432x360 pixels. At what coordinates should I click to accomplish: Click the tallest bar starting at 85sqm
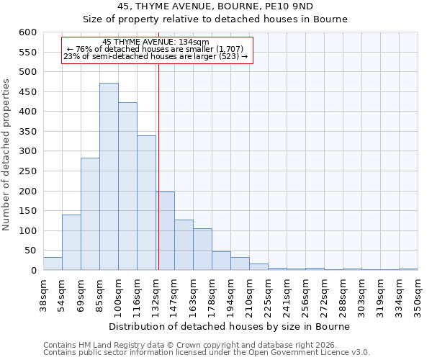(x=109, y=176)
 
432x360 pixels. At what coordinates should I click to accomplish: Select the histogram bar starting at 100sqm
(x=127, y=186)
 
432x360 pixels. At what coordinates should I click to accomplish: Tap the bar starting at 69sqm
(x=90, y=214)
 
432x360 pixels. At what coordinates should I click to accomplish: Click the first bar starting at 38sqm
(x=53, y=264)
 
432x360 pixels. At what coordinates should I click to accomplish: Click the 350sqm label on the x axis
(x=418, y=295)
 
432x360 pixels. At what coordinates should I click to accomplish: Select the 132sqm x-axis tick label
(x=156, y=295)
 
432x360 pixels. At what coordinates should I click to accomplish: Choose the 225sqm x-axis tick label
(x=269, y=295)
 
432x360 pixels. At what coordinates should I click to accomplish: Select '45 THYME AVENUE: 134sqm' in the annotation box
(x=156, y=42)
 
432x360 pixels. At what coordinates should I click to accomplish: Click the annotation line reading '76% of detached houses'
(x=156, y=49)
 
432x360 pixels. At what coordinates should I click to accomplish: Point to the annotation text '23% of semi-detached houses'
(x=156, y=56)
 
